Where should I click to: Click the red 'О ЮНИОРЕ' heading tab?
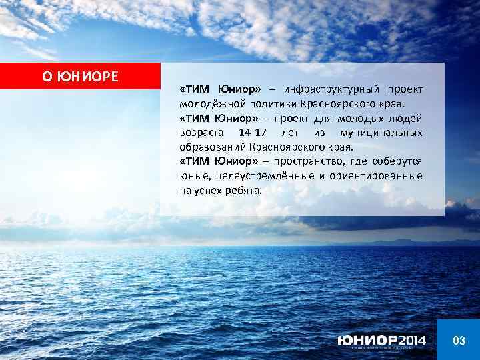tap(80, 76)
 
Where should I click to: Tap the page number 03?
tap(459, 341)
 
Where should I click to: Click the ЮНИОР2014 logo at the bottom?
tap(381, 341)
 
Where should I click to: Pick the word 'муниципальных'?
tap(386, 133)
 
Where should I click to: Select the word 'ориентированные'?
tap(379, 176)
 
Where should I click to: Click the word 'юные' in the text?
tap(193, 176)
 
